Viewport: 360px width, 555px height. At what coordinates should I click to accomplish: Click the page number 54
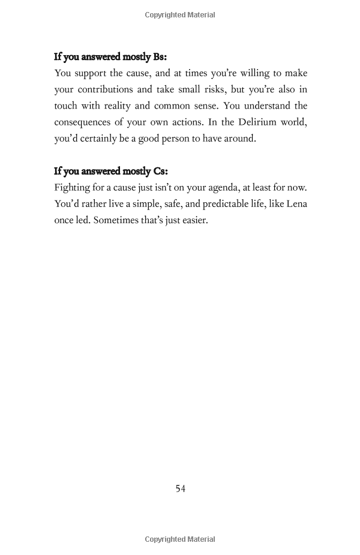click(180, 488)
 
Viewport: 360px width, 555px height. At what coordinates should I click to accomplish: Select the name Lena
click(296, 203)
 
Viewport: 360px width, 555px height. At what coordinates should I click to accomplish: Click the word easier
click(193, 220)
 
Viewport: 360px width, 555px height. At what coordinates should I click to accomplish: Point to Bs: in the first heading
click(160, 57)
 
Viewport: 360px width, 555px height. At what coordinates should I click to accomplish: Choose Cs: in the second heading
click(160, 171)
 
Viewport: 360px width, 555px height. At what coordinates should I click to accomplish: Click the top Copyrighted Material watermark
click(180, 15)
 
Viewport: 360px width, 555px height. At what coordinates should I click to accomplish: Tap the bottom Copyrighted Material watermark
click(180, 539)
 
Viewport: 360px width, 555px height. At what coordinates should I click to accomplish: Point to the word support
click(92, 74)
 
